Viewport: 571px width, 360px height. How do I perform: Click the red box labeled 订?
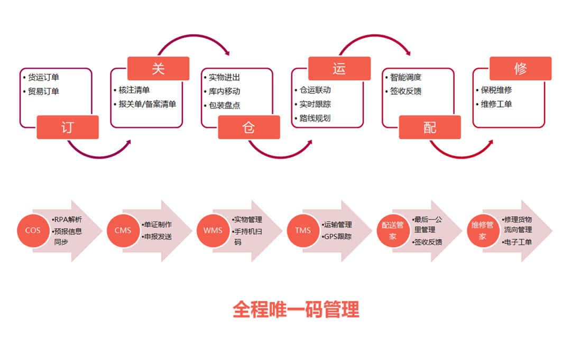click(68, 127)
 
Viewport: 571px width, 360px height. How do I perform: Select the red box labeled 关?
click(158, 69)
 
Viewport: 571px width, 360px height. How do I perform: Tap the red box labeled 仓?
click(249, 127)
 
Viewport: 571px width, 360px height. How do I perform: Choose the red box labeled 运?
click(339, 69)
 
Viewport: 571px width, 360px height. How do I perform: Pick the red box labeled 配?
click(430, 127)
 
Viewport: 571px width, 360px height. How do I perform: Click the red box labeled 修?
click(520, 69)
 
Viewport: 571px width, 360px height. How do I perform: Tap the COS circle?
click(33, 230)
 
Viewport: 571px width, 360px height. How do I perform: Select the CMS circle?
click(123, 230)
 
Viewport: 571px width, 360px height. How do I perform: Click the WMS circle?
click(213, 230)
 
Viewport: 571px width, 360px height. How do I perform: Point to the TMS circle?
click(303, 230)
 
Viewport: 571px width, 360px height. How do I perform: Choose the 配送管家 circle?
click(393, 230)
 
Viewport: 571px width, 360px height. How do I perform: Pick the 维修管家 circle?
click(483, 230)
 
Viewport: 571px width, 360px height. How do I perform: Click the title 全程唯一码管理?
click(296, 309)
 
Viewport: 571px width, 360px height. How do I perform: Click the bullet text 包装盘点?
click(224, 105)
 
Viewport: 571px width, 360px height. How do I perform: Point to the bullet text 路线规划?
click(315, 118)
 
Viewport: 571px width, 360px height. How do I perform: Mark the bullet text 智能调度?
click(406, 78)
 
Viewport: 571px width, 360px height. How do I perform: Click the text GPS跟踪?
click(338, 236)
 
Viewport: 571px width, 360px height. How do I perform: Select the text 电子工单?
click(519, 242)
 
